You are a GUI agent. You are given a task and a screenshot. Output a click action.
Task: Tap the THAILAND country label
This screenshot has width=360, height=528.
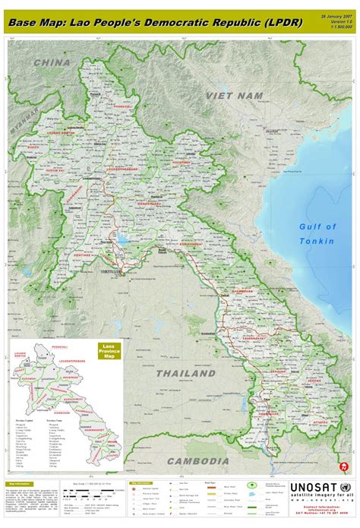[186, 374]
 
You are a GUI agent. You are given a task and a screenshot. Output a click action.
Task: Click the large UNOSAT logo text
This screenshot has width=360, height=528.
[312, 488]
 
